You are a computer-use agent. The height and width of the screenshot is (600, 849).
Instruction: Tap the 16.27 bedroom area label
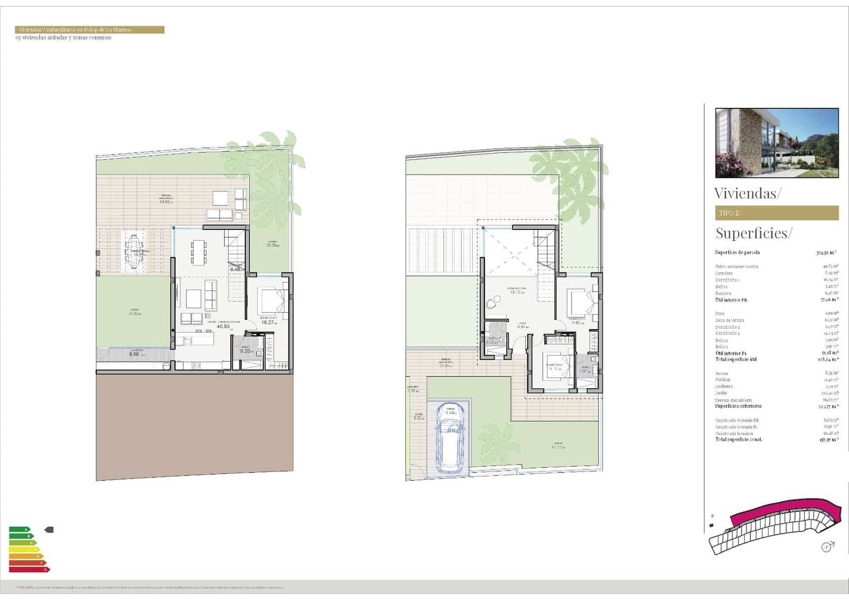tap(267, 322)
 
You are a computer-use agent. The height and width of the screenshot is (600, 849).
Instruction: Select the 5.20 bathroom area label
tap(245, 351)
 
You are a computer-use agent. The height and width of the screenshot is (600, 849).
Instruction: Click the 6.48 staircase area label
tap(236, 269)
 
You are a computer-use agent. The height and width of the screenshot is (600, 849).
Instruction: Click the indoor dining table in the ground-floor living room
tap(198, 252)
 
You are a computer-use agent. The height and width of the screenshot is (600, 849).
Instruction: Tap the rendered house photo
tap(777, 142)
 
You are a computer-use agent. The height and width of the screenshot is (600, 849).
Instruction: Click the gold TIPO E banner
tap(777, 213)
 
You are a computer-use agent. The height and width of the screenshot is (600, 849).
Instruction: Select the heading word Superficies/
tap(753, 233)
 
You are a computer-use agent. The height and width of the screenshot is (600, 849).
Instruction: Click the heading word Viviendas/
tap(747, 193)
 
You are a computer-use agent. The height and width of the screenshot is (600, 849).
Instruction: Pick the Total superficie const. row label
tap(739, 440)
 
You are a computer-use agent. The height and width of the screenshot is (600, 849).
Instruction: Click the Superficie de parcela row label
tap(737, 252)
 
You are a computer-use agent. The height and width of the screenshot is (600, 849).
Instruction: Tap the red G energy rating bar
tap(29, 570)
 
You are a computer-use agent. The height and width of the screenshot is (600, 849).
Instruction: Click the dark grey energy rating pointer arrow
tap(49, 529)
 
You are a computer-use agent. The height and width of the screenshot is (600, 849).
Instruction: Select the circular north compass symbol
tap(826, 547)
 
